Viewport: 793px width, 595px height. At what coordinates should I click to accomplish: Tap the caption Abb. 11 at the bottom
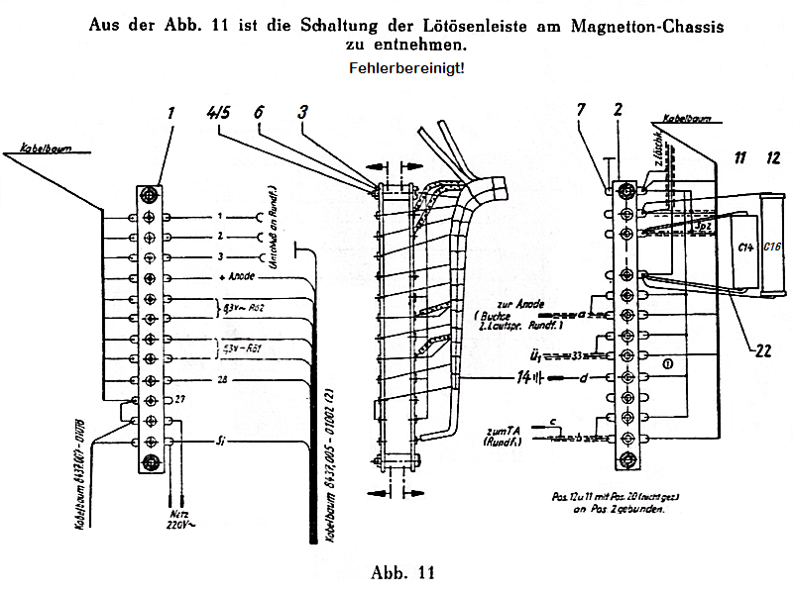click(401, 572)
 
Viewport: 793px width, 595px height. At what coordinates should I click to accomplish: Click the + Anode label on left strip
click(237, 278)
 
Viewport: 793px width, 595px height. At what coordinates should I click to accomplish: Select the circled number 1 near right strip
click(668, 364)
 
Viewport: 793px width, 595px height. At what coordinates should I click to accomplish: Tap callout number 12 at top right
click(773, 155)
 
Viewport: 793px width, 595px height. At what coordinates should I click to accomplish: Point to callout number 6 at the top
click(259, 112)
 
